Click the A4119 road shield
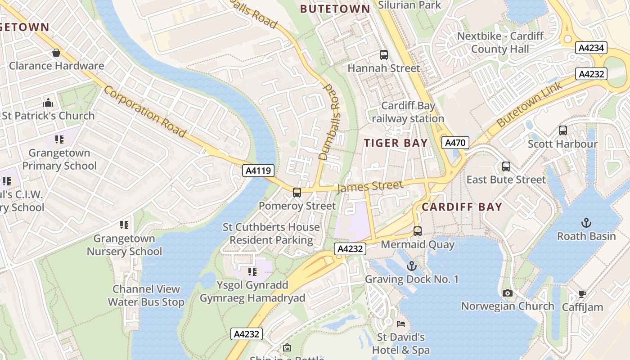(258, 170)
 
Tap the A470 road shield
(455, 143)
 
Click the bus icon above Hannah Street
(383, 55)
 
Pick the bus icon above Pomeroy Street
(297, 193)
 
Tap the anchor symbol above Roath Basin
(586, 223)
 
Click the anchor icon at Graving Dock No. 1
(411, 266)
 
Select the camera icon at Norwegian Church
(508, 293)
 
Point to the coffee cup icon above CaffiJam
(582, 294)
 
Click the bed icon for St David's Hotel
(400, 324)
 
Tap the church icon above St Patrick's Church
(48, 103)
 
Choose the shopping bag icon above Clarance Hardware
(56, 53)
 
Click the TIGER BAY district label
(396, 143)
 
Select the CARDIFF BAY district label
(462, 207)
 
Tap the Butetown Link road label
(529, 104)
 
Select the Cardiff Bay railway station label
(408, 112)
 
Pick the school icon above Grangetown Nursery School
(124, 225)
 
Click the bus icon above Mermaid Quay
(418, 231)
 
